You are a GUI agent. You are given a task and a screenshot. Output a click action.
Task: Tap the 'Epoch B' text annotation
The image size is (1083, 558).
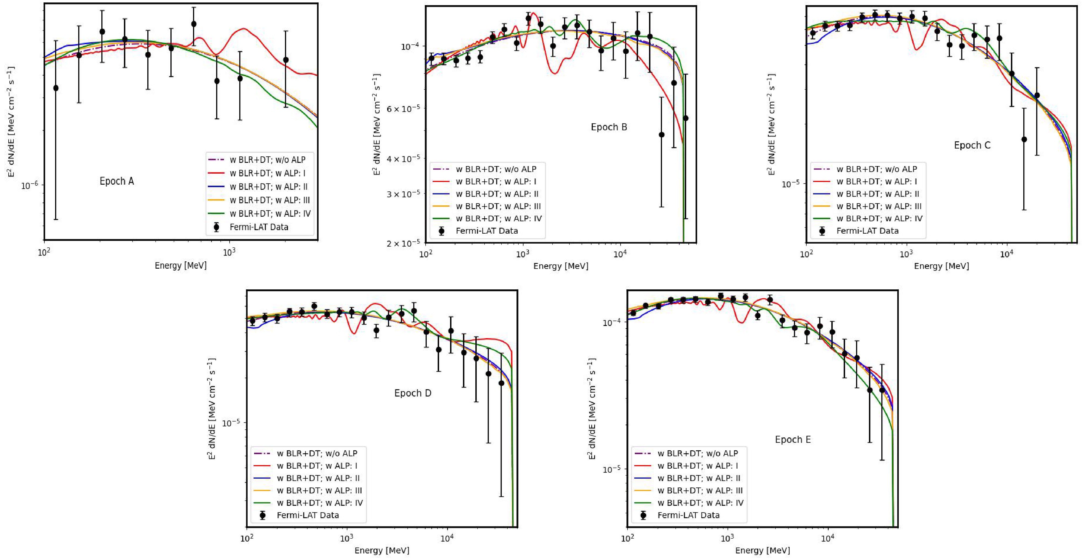coord(609,127)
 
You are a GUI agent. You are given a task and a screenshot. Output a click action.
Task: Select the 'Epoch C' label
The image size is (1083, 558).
coord(972,145)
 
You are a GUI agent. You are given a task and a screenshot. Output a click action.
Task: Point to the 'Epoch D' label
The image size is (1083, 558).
coord(412,393)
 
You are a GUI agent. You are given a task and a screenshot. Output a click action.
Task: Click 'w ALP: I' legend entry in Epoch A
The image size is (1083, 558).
coord(267,173)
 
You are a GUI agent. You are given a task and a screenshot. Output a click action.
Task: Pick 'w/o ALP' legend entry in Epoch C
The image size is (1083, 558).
coord(877,169)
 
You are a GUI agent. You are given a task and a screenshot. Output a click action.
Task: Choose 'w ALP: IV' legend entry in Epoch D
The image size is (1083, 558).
coord(319,503)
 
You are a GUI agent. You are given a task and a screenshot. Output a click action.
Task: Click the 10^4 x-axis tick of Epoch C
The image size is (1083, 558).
coord(1006,254)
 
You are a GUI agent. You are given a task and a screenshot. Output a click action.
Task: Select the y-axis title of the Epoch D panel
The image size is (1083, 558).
coord(212,408)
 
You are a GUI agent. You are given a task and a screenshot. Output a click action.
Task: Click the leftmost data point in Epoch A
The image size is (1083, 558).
coord(56,88)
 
